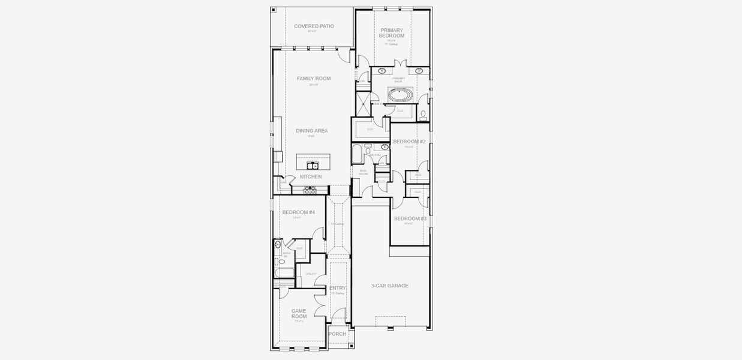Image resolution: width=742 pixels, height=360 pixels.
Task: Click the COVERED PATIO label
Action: (314, 26)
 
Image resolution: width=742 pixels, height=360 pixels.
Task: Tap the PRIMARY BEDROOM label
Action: (391, 33)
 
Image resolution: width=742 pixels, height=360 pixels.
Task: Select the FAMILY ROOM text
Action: (313, 79)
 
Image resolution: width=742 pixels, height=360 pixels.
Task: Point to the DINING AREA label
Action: (311, 130)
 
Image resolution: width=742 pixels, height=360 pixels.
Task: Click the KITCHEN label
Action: (311, 176)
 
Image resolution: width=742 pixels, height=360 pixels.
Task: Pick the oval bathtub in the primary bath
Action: (400, 94)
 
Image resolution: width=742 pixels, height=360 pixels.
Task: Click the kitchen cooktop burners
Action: (310, 190)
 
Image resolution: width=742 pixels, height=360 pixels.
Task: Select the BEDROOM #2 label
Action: (409, 142)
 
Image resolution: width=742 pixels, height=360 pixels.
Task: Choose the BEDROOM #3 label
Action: (410, 218)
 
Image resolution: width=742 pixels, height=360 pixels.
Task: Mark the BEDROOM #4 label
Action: (299, 212)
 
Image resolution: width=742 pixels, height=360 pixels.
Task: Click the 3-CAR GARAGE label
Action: (389, 286)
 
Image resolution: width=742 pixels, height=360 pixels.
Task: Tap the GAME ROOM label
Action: (299, 314)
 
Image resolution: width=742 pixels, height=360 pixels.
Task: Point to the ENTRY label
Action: (338, 288)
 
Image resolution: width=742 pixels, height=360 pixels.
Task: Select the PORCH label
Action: (337, 334)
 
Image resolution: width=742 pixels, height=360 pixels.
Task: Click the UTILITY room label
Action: (311, 274)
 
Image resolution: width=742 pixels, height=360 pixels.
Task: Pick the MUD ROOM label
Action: (363, 172)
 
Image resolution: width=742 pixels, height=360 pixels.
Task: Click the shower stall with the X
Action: (363, 104)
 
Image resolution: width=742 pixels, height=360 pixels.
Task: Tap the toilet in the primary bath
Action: (423, 113)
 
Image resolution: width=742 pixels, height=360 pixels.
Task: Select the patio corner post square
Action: (274, 10)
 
